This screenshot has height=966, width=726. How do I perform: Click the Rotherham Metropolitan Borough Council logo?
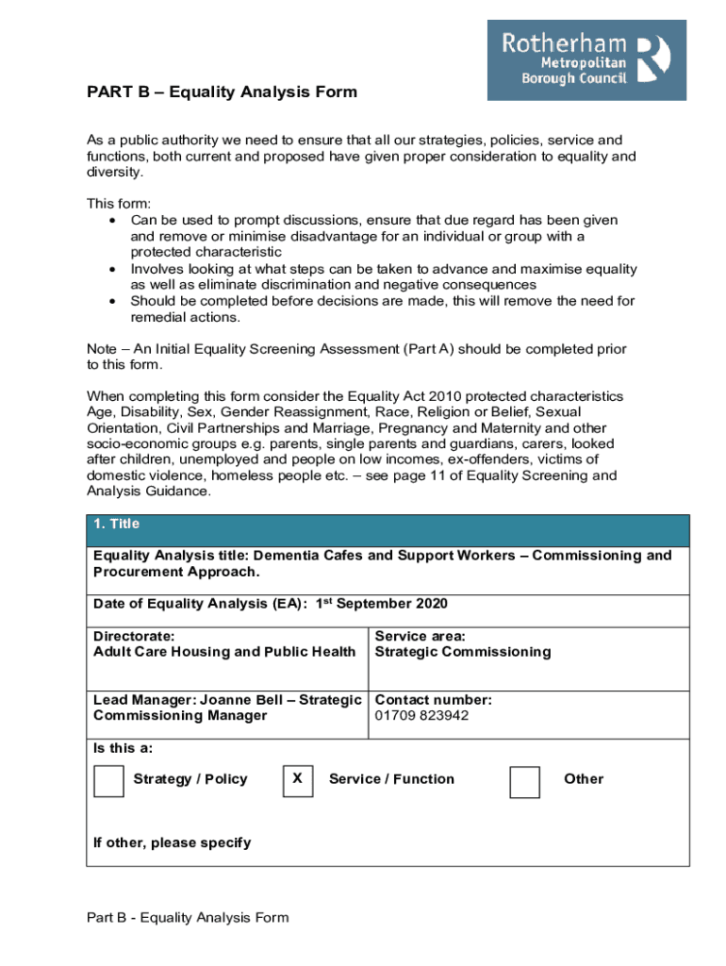tap(586, 60)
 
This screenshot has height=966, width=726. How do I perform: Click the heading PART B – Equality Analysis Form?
tap(222, 92)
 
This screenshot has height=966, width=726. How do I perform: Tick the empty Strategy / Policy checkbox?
tap(108, 781)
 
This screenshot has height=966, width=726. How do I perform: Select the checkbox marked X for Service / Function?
tap(297, 779)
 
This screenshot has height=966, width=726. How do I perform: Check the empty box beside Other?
tap(524, 781)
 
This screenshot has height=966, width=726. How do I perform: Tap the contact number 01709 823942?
tap(421, 716)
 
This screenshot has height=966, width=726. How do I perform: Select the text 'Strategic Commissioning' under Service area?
tap(463, 652)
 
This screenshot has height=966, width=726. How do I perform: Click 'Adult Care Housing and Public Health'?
tap(224, 652)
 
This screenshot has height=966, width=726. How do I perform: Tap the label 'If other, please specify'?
tap(172, 842)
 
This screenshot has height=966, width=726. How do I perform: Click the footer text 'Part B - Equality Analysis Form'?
tap(188, 917)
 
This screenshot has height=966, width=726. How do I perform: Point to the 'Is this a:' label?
tap(123, 748)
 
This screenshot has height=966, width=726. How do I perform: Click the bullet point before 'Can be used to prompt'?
tap(112, 220)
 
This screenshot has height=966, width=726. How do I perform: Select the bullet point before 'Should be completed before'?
tap(112, 301)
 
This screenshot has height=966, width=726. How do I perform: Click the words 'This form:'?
tap(119, 204)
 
